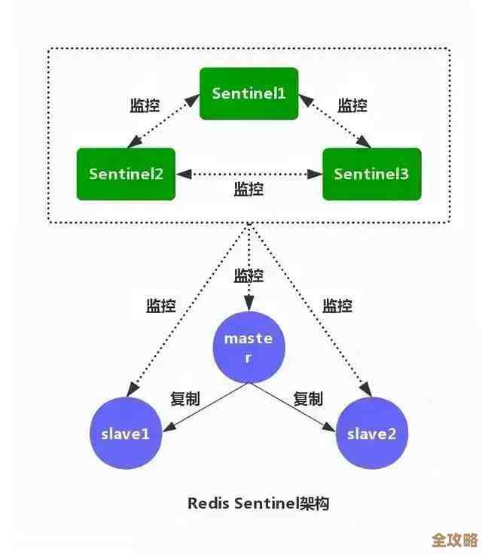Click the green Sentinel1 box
click(x=249, y=93)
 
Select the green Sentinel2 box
click(x=126, y=174)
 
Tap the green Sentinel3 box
click(x=371, y=174)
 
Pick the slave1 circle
click(x=126, y=434)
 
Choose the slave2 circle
click(x=371, y=434)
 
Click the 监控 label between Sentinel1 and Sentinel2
click(x=145, y=105)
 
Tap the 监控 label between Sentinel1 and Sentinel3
click(x=352, y=105)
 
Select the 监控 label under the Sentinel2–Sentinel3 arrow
click(x=249, y=189)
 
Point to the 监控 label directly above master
click(x=249, y=275)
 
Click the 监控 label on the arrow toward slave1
click(x=160, y=306)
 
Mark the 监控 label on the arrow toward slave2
click(x=337, y=306)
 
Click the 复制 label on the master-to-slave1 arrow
click(x=185, y=399)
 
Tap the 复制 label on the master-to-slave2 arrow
click(x=308, y=399)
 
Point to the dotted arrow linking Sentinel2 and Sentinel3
click(x=249, y=174)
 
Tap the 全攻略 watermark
click(x=454, y=541)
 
